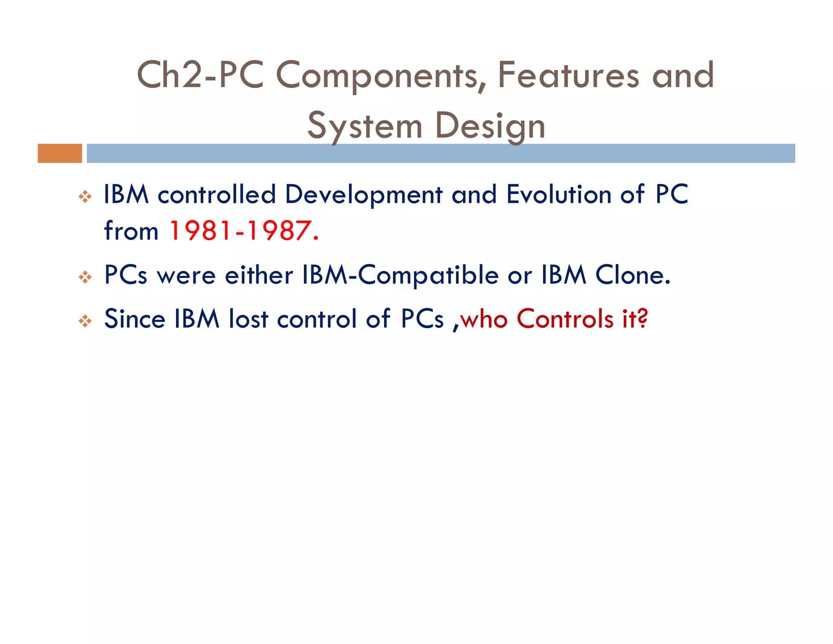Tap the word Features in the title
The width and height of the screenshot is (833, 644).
coord(568,75)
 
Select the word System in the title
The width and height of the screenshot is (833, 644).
coord(365,126)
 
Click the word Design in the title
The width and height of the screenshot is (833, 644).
coord(490,126)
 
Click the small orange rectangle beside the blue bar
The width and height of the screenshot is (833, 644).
coord(60,153)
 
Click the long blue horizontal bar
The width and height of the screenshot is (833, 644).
coord(440,153)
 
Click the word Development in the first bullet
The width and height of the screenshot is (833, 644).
coord(363,195)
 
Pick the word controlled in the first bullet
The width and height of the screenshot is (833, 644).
coord(216,194)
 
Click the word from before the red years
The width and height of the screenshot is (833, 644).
coord(131,231)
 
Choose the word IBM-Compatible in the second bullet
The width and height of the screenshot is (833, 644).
coord(400,275)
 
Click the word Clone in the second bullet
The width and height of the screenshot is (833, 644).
coord(632,275)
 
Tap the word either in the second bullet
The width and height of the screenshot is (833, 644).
coord(259,275)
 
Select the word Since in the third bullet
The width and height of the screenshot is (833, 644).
coord(135,319)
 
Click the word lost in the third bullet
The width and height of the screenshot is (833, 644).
coord(248,319)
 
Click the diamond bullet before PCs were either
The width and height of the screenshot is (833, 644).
coord(85,278)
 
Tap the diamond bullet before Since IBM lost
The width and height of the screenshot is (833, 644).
coord(85,321)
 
